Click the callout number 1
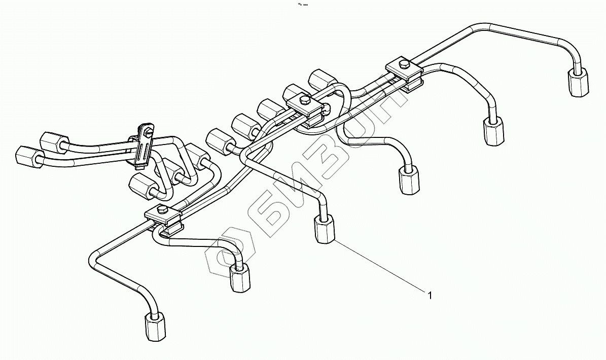point(430,295)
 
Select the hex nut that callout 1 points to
point(324,229)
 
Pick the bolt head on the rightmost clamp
point(404,64)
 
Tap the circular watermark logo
point(231,254)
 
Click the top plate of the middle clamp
point(304,103)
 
